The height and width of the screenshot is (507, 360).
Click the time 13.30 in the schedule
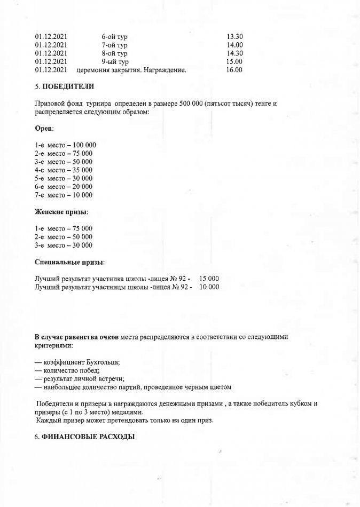(234, 36)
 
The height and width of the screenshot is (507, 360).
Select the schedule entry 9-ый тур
(114, 61)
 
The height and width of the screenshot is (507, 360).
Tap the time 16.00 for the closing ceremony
(234, 69)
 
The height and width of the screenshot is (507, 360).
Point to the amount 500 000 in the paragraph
(193, 102)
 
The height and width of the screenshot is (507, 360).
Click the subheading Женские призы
(61, 212)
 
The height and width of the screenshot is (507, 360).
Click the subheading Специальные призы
(69, 262)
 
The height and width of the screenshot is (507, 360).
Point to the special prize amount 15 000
(209, 279)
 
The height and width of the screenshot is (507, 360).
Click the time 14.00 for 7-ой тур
(234, 45)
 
